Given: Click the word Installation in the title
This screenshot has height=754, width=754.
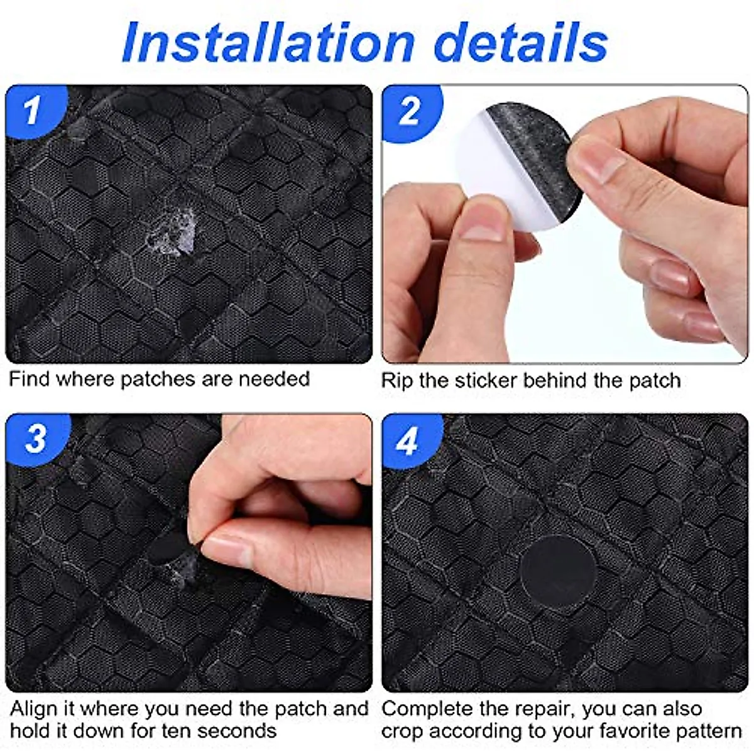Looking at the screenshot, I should [x=268, y=43].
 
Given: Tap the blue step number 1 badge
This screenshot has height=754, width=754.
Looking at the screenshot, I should [x=33, y=111].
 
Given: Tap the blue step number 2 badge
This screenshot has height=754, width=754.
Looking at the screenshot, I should [x=410, y=111].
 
